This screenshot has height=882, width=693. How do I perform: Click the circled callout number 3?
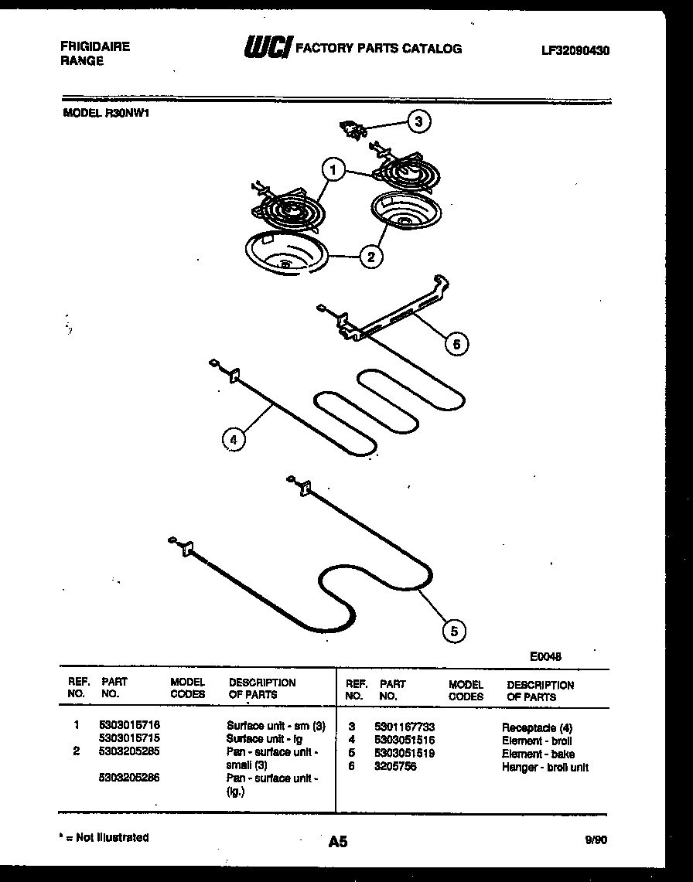pos(418,121)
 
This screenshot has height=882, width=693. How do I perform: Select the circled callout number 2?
pos(371,256)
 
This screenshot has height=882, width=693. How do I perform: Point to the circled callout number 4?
pos(233,439)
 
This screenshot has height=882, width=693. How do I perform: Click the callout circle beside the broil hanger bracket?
pos(456,344)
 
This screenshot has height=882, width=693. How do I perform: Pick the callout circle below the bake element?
pos(454,631)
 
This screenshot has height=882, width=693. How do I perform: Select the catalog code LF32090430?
pos(575,50)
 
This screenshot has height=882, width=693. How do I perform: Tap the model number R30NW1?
pos(127,111)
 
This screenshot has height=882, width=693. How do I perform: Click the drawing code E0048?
pos(545,656)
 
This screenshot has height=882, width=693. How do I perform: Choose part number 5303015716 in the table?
pos(129,726)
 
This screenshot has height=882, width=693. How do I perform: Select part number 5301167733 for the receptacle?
pos(404,727)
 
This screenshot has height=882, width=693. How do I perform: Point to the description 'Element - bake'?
pos(538,754)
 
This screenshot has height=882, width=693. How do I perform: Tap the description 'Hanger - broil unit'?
pos(544,767)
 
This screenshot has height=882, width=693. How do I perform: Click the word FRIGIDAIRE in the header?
pos(95,46)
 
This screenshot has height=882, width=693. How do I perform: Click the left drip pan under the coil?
pos(281,255)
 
